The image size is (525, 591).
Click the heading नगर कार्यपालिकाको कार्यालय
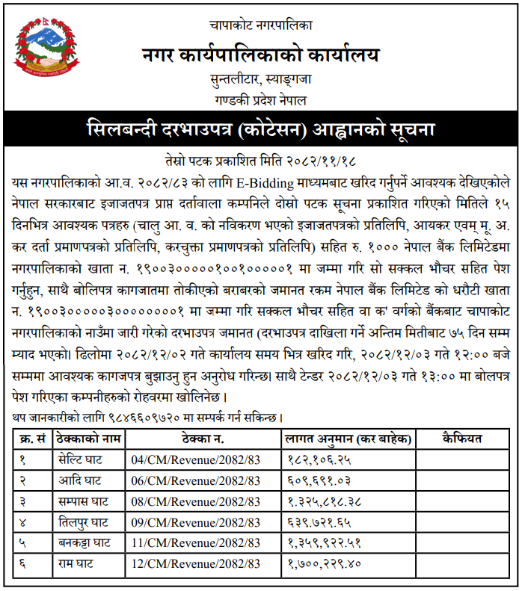click(261, 55)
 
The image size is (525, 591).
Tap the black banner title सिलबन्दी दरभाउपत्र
click(261, 129)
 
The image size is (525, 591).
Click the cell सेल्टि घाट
click(82, 460)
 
